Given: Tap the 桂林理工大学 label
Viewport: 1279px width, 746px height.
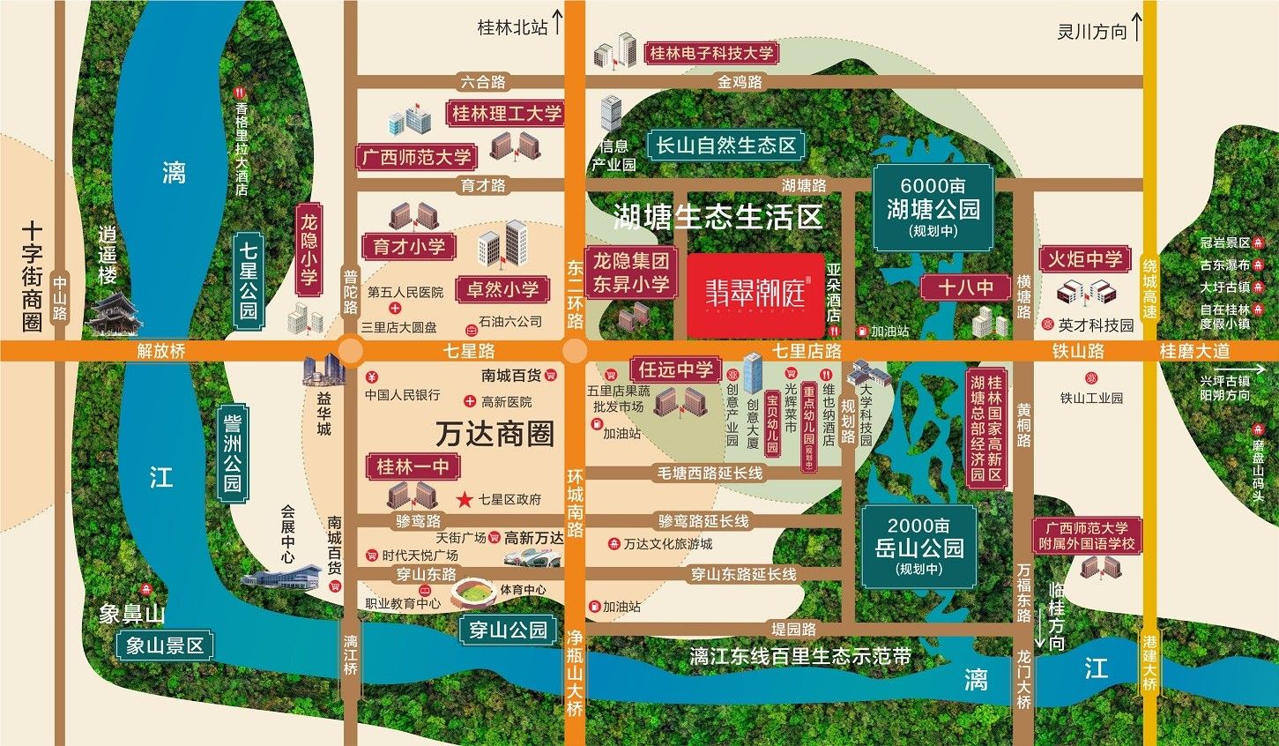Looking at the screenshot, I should click(x=506, y=114).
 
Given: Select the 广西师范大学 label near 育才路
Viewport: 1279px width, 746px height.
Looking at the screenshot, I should click(x=416, y=158).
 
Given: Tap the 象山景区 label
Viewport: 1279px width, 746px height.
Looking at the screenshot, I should click(x=165, y=646).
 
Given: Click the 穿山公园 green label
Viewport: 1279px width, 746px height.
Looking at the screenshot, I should click(x=509, y=630).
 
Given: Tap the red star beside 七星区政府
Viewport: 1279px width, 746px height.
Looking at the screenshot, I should click(x=465, y=499).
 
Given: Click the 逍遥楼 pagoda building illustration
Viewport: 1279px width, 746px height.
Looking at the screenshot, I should click(x=115, y=313).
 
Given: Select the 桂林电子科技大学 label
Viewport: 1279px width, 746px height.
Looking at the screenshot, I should click(x=710, y=53).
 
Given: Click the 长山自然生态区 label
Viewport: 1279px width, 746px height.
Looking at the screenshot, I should click(x=725, y=145).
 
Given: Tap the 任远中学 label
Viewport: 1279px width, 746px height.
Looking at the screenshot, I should click(x=676, y=369).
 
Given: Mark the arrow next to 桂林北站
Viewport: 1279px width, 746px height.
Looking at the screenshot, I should click(x=557, y=26).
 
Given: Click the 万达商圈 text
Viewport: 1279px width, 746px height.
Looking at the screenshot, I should click(x=494, y=434).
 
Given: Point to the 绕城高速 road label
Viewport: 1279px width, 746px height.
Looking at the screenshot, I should click(x=1149, y=288).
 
